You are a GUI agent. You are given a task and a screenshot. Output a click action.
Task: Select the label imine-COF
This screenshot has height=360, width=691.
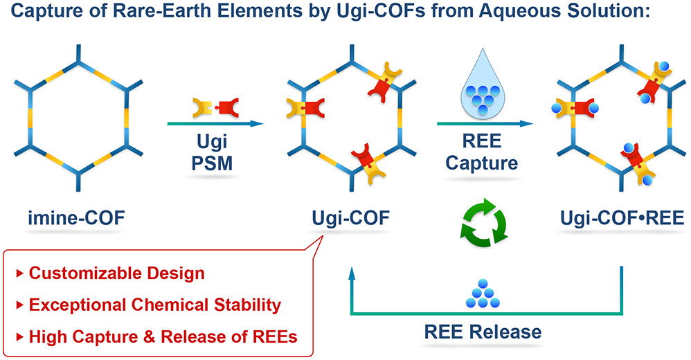click(x=77, y=217)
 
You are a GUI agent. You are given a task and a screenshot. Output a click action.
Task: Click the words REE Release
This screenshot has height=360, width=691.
click(x=483, y=332)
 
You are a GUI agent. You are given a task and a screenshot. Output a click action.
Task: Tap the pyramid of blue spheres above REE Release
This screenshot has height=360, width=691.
click(x=483, y=294)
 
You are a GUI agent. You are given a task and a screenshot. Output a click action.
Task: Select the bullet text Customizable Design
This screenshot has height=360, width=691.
click(x=117, y=273)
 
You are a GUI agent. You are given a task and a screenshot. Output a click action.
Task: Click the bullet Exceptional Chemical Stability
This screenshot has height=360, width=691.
click(x=155, y=305)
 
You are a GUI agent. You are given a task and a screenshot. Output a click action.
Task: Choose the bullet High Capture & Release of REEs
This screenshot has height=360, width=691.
click(x=163, y=337)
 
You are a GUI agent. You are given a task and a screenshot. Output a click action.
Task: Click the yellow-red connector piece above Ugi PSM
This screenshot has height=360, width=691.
click(x=216, y=108)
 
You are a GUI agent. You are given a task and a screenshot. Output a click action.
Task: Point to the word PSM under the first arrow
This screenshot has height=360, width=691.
click(x=212, y=163)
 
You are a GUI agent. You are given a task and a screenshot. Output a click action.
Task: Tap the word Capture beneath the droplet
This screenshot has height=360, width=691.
click(x=482, y=163)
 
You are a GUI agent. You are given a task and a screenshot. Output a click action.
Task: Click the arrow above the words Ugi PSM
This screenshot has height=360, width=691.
click(x=215, y=124)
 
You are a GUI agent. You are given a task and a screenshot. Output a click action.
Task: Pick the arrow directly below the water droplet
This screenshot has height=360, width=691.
click(x=485, y=124)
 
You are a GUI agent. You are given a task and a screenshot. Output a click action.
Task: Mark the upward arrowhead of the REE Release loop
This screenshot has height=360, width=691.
click(x=351, y=273)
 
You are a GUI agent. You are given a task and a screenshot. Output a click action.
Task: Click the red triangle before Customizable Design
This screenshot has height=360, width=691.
click(x=19, y=273)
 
